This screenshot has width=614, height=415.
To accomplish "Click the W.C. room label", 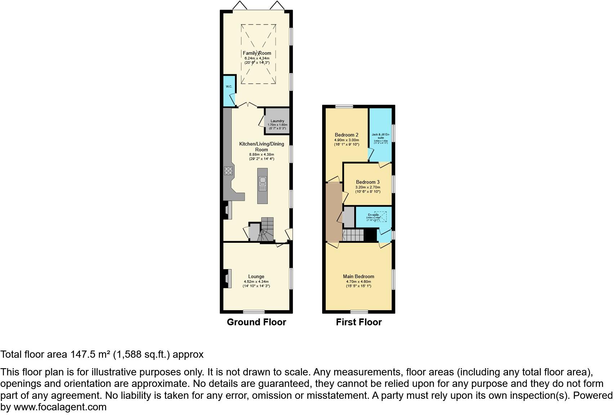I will click(x=229, y=86).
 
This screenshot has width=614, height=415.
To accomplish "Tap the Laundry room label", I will click(x=277, y=121).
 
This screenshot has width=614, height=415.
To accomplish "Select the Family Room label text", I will click(x=257, y=53).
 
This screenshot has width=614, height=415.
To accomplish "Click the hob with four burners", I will click(x=228, y=171).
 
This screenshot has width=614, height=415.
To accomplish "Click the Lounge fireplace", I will click(x=227, y=278).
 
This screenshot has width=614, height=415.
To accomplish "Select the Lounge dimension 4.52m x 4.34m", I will click(x=256, y=282).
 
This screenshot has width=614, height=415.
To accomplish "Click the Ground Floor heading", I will click(x=256, y=322).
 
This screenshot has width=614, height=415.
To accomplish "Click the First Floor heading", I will click(x=359, y=322).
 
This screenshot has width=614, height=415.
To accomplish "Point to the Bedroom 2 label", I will click(x=346, y=135).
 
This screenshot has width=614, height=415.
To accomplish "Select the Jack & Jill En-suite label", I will click(x=381, y=136).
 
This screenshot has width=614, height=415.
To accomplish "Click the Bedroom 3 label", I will click(x=368, y=182).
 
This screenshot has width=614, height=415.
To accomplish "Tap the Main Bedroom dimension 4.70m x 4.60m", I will click(x=359, y=282).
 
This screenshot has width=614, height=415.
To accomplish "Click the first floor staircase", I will click(x=353, y=236).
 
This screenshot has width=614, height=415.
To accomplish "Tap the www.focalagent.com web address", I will click(x=60, y=407).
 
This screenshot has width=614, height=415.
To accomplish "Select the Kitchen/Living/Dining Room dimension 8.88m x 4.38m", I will click(x=262, y=154).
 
